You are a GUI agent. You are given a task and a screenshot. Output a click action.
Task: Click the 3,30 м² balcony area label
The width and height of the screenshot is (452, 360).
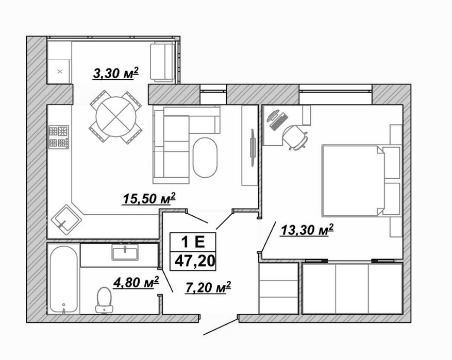(116, 73)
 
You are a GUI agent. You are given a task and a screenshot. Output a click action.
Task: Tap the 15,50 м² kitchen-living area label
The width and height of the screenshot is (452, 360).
(149, 198)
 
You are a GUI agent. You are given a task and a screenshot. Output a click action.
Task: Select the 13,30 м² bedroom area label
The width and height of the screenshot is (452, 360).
(307, 230)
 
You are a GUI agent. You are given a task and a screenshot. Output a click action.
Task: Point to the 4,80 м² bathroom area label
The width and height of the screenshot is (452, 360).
(136, 282)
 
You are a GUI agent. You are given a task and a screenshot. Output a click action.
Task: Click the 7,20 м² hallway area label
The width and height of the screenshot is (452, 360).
(208, 287)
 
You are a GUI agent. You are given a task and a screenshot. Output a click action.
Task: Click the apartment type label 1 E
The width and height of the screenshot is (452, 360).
(192, 242)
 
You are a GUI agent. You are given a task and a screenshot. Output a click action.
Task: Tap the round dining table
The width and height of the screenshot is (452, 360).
(116, 117)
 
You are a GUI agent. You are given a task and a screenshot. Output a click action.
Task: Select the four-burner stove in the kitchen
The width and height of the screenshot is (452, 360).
(59, 137)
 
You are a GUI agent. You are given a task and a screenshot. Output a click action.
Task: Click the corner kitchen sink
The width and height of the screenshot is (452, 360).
(66, 220)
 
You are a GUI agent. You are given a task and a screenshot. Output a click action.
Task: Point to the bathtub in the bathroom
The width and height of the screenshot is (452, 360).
(64, 279)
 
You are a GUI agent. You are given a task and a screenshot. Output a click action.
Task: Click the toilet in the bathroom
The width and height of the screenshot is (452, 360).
(104, 300)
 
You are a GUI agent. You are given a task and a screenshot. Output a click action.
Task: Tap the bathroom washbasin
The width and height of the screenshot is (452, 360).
(125, 252)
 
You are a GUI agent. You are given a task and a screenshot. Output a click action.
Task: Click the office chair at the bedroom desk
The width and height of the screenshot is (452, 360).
(295, 137)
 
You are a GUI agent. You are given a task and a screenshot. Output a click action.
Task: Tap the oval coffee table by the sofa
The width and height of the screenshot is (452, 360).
(205, 158)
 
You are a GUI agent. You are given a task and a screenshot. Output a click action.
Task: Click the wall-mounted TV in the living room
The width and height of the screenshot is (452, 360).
(253, 147)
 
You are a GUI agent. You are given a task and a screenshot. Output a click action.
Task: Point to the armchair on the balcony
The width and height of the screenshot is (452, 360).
(162, 61)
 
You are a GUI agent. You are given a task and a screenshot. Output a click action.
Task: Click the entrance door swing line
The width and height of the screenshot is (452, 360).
(221, 327)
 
